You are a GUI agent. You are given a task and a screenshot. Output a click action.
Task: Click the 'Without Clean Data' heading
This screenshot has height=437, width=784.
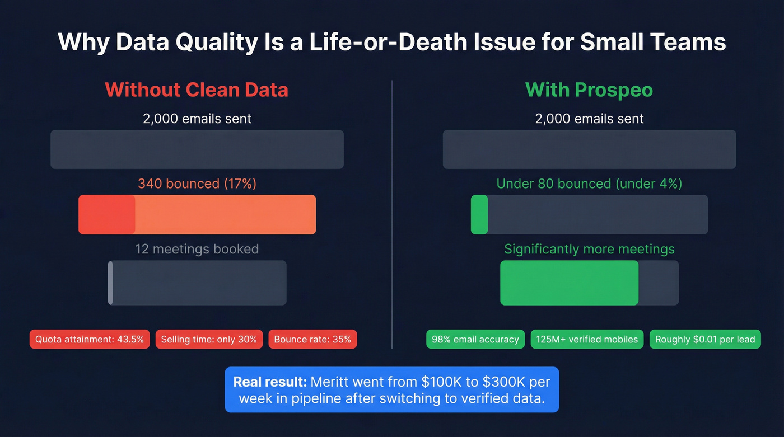[197, 90]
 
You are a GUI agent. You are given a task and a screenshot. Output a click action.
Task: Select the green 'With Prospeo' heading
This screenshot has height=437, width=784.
[589, 90]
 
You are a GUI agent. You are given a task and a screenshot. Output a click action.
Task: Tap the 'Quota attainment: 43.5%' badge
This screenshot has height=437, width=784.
[90, 339]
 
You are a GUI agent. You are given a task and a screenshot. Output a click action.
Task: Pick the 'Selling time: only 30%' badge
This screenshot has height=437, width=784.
[209, 339]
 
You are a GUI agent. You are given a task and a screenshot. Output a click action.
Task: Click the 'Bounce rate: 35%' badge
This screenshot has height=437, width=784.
[312, 339]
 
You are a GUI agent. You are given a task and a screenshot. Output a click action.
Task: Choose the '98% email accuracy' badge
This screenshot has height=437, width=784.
[475, 339]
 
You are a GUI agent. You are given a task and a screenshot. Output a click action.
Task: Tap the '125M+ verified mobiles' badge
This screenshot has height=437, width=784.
[587, 339]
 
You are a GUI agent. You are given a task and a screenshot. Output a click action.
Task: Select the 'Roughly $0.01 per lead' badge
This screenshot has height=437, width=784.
[705, 339]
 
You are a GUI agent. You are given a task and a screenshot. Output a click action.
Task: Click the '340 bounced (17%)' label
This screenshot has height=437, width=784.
[197, 184]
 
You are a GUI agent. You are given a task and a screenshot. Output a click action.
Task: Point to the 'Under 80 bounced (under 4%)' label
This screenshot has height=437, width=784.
[589, 184]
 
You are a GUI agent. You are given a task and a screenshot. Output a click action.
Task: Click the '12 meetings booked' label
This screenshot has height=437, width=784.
[197, 249]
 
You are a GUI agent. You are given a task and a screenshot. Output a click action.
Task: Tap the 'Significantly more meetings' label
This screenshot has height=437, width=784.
[589, 249]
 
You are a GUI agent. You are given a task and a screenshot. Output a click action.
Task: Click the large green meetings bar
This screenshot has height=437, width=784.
[569, 283]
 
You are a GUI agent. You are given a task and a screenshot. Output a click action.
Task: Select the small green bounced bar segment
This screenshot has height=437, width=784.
[479, 214]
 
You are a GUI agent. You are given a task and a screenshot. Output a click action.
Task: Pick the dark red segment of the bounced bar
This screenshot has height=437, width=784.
[107, 214]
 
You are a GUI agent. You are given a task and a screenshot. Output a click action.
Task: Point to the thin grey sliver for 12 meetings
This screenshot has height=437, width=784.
[110, 283]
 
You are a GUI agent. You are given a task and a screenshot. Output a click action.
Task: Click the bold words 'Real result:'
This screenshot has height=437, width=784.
[270, 382]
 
